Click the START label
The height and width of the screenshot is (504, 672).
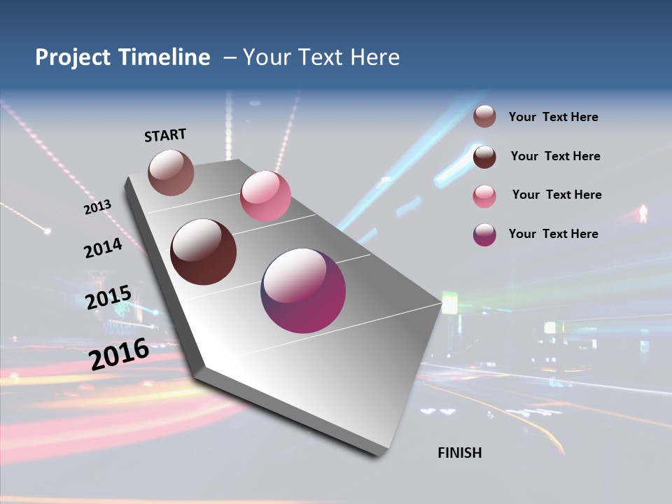[x=165, y=135]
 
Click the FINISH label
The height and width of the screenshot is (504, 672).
[x=460, y=453]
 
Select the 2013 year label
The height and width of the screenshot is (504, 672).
[x=97, y=207]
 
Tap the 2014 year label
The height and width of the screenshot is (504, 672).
[x=103, y=248]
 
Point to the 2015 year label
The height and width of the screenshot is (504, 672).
[x=108, y=297]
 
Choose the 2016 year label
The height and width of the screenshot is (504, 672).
[x=119, y=353]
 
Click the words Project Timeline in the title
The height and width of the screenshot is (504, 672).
[x=122, y=57]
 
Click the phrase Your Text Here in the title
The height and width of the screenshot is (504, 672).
[x=321, y=57]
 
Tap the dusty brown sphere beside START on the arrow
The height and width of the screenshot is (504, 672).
[x=171, y=172]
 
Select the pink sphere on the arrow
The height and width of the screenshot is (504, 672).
[x=265, y=196]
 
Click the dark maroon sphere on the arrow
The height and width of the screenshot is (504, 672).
[x=204, y=252]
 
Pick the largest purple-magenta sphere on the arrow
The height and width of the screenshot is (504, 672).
[x=303, y=290]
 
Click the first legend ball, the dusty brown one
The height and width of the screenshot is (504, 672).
[x=484, y=117]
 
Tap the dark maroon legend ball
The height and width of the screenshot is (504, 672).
[x=484, y=157]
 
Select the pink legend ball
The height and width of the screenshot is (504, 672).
[x=484, y=196]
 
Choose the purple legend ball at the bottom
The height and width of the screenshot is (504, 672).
[x=484, y=234]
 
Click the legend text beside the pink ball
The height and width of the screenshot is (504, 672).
[x=556, y=195]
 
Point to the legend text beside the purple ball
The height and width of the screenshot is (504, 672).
[x=553, y=234]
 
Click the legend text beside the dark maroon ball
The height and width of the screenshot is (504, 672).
[x=555, y=156]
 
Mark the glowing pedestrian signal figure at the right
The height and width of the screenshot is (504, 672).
[x=643, y=213]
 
